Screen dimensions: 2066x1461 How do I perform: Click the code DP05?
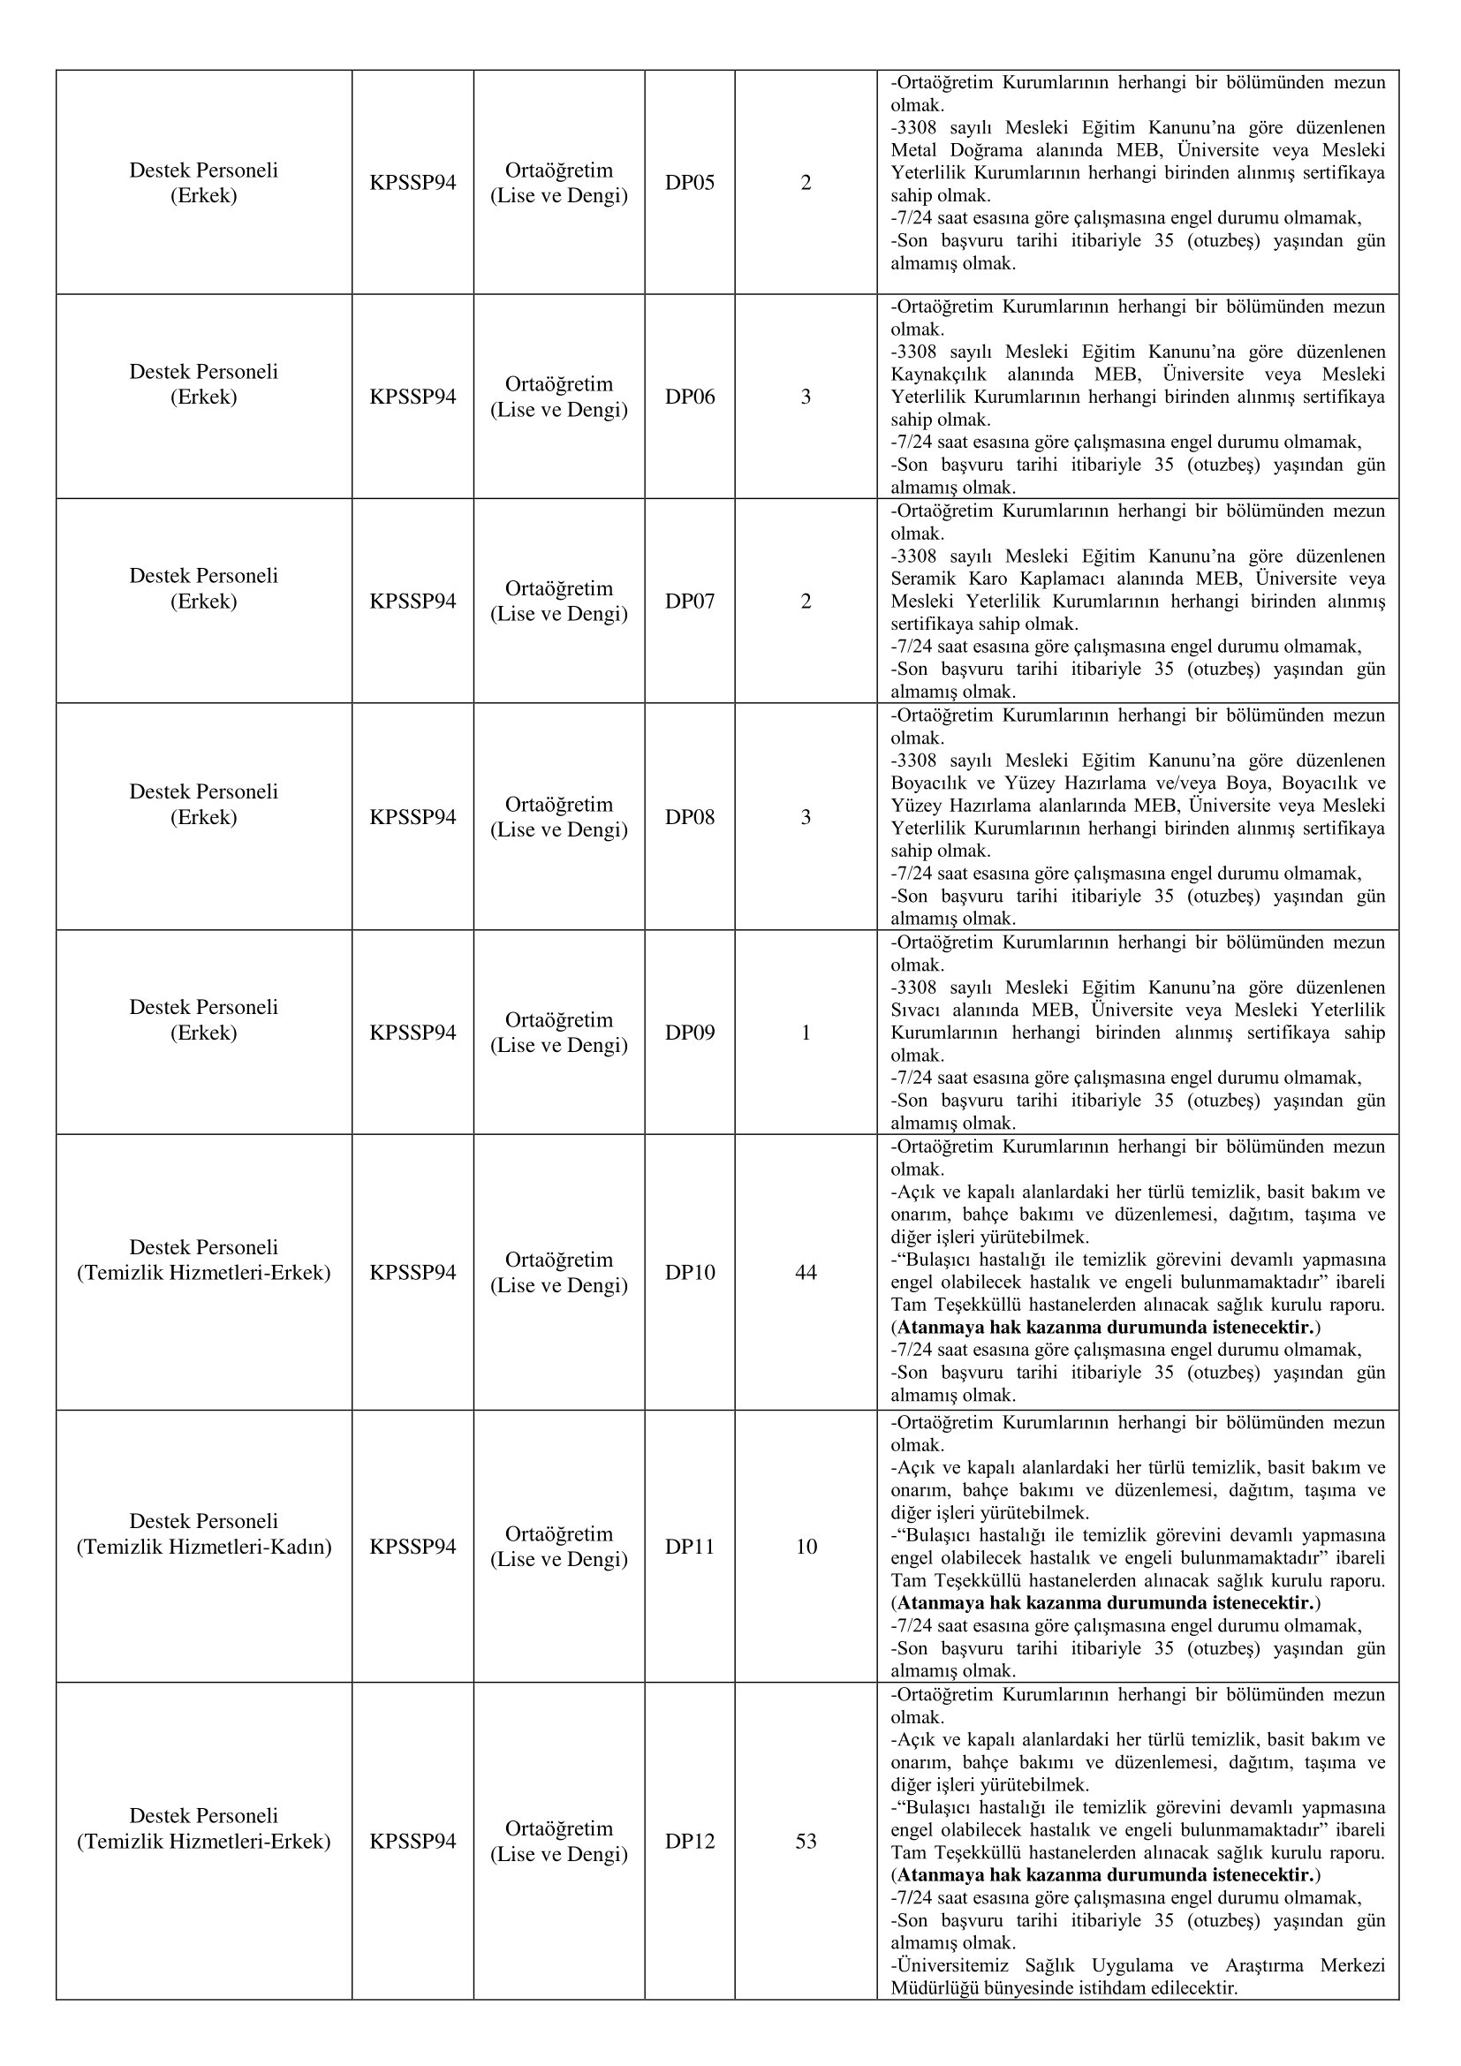click(689, 183)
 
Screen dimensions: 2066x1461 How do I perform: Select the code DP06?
click(689, 397)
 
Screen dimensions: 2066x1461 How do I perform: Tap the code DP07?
click(689, 602)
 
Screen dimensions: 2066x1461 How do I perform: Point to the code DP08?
click(689, 817)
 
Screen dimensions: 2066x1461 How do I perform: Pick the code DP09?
click(689, 1032)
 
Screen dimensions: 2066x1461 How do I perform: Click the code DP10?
click(689, 1272)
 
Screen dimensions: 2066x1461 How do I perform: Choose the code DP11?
click(689, 1547)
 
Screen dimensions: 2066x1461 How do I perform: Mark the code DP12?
click(689, 1842)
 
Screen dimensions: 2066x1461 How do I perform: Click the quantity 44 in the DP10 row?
click(806, 1272)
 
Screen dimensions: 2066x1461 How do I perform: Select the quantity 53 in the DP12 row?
click(806, 1842)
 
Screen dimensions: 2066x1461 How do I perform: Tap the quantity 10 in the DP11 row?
click(806, 1547)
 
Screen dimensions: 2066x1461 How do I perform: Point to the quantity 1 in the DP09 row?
click(806, 1032)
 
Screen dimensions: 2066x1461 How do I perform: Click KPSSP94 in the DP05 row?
click(412, 183)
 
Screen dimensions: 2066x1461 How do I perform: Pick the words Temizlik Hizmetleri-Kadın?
click(204, 1547)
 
